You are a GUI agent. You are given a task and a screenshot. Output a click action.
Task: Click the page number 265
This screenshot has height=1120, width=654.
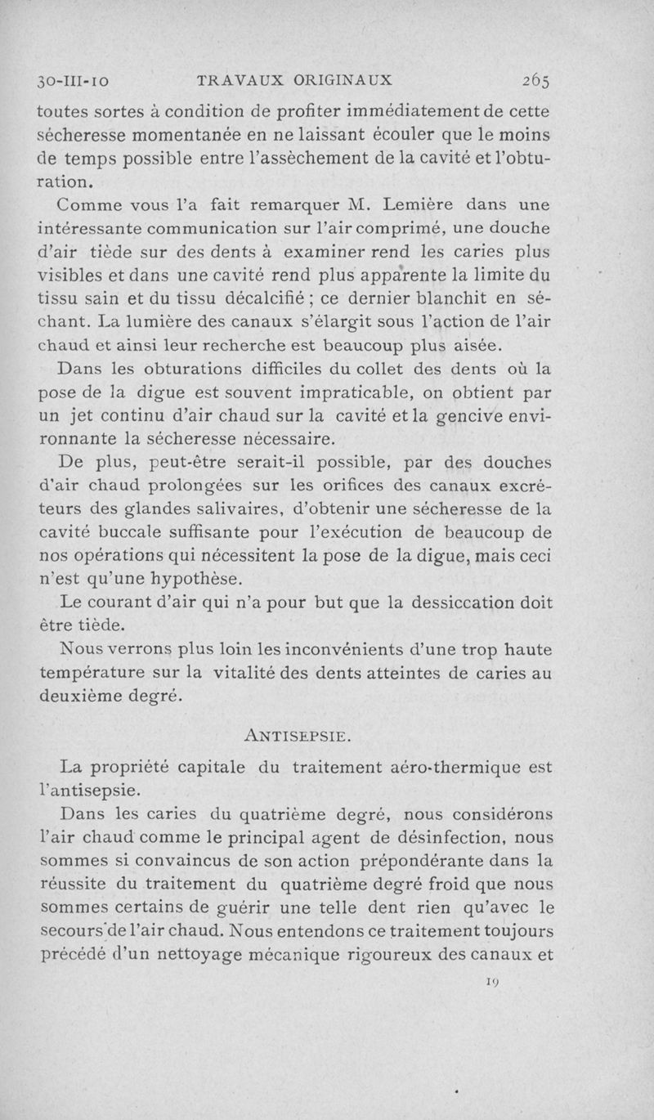click(x=531, y=80)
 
